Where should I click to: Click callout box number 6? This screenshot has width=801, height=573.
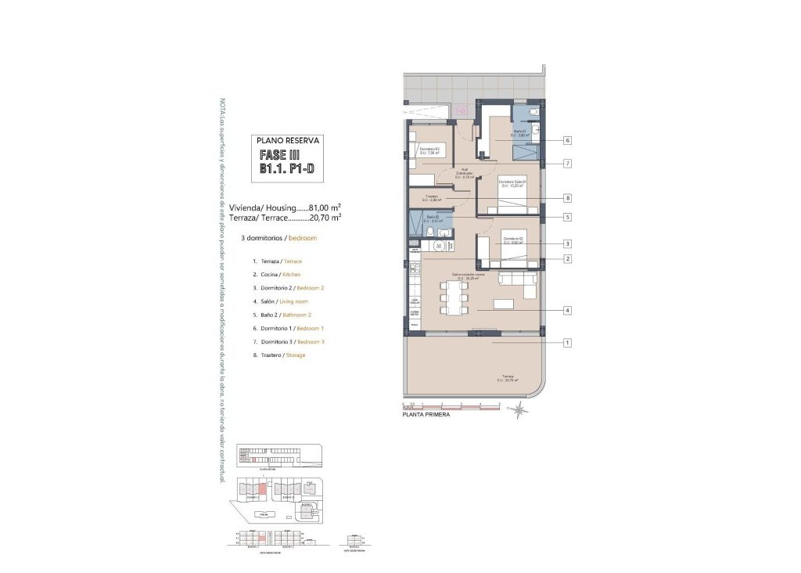tap(566, 141)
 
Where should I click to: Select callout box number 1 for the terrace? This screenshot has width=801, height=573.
tap(566, 342)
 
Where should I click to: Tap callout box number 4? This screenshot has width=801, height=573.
tap(566, 311)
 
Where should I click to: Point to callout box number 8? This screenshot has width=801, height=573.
tap(566, 197)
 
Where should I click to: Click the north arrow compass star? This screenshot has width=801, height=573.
tap(518, 407)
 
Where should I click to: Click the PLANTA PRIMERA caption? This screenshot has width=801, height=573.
tap(425, 416)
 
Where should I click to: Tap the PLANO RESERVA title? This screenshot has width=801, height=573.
tap(289, 140)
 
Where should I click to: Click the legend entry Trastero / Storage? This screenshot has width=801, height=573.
tap(278, 355)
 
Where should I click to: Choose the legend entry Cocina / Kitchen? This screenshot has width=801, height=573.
tap(276, 275)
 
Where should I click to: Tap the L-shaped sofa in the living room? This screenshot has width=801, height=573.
tap(518, 283)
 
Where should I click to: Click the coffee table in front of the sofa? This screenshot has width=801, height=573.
tap(503, 303)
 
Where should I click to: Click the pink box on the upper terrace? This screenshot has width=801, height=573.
tap(461, 110)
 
